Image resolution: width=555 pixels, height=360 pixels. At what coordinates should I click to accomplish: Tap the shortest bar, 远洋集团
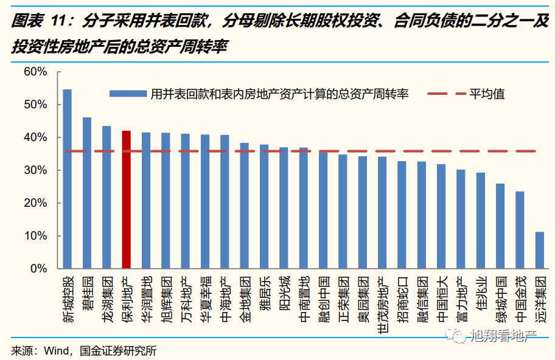pos(539,250)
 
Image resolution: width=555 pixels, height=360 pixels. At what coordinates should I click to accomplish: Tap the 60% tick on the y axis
pos(35,72)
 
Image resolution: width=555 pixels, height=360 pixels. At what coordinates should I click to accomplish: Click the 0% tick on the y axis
pos(38,268)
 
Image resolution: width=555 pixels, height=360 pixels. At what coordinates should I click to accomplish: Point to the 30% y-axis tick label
pos(35,170)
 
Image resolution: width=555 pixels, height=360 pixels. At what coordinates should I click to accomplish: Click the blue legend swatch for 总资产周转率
pos(128,94)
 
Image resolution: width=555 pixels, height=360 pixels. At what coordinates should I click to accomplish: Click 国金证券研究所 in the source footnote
pos(118,351)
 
